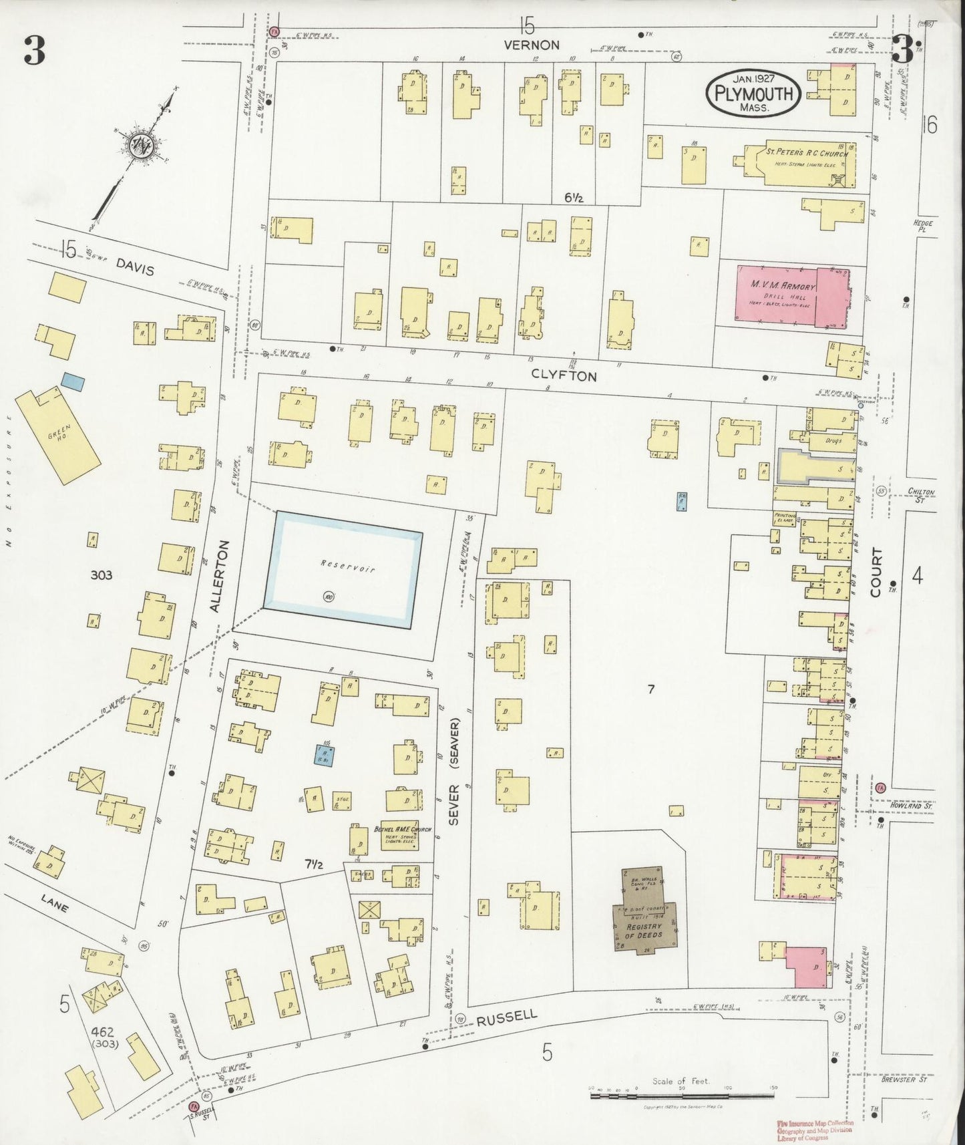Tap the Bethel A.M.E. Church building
(400, 835)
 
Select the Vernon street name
(532, 45)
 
